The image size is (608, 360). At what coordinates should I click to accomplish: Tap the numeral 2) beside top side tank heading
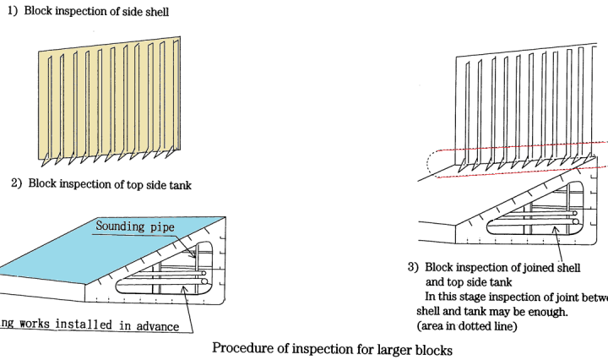coord(16,183)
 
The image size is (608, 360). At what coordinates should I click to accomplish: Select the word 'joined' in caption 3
coord(537,268)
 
